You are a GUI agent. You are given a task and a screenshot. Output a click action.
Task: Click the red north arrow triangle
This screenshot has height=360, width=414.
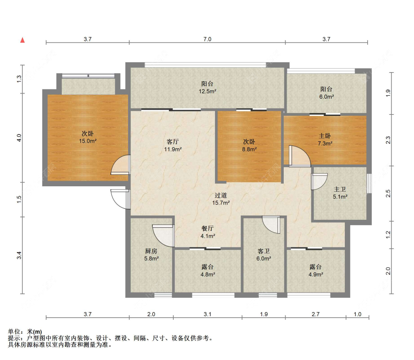(22, 40)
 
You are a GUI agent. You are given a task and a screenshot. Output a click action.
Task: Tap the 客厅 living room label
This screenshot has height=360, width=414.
(173, 141)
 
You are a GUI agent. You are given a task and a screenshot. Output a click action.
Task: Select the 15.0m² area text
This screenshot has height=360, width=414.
(88, 141)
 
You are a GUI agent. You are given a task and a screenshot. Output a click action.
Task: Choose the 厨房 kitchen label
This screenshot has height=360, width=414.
(151, 251)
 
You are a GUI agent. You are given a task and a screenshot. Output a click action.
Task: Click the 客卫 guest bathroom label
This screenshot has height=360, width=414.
(263, 251)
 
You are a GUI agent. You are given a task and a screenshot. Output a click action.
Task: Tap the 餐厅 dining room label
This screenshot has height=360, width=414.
(208, 228)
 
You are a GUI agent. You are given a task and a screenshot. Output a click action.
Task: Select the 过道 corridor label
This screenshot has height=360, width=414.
(221, 195)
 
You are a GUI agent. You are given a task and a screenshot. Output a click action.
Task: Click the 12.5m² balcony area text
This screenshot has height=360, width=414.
(208, 91)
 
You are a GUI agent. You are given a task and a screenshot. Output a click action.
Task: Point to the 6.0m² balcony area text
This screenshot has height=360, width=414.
(326, 97)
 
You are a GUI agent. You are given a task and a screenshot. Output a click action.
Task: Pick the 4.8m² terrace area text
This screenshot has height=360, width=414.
(208, 274)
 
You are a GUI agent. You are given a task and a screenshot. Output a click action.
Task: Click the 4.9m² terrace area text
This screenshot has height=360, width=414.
(316, 274)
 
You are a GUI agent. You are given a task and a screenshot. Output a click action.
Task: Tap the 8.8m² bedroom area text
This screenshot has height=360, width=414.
(249, 149)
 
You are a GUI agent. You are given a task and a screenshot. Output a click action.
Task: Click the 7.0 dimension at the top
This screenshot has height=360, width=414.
(207, 39)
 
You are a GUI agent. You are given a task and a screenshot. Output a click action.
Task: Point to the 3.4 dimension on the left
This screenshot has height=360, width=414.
(19, 255)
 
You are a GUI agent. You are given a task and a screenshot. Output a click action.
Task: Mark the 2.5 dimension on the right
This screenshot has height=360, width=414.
(388, 193)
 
